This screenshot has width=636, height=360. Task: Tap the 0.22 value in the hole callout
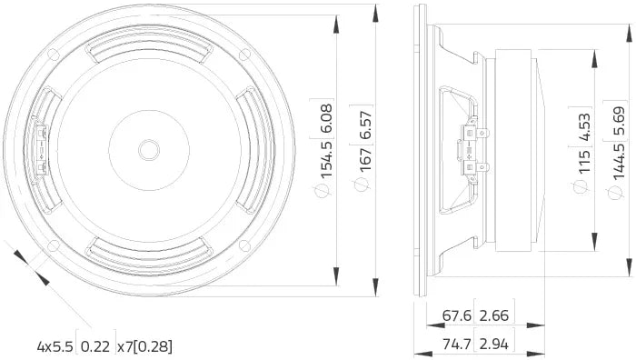[95, 346]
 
